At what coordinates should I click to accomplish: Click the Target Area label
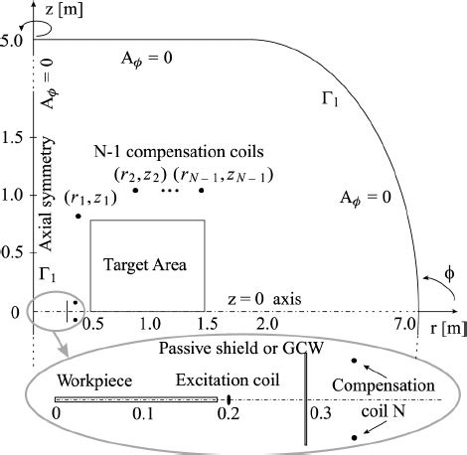pyautogui.click(x=148, y=265)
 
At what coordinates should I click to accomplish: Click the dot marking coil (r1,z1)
pyautogui.click(x=78, y=216)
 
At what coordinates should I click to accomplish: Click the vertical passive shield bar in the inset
pyautogui.click(x=307, y=398)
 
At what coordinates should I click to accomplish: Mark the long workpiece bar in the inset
pyautogui.click(x=136, y=399)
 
